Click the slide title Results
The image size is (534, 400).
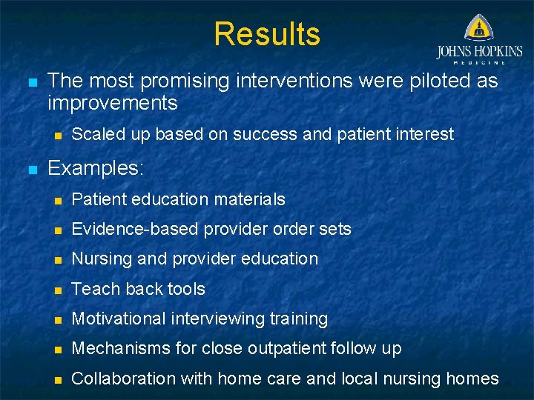[x=267, y=34]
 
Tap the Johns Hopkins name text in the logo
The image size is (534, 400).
[x=479, y=52]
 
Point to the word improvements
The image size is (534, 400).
[x=112, y=102]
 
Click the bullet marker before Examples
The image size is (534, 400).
[x=31, y=169]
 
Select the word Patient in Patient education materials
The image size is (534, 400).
[x=99, y=199]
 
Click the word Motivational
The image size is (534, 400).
[x=119, y=319]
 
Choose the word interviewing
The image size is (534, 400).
[x=219, y=319]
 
